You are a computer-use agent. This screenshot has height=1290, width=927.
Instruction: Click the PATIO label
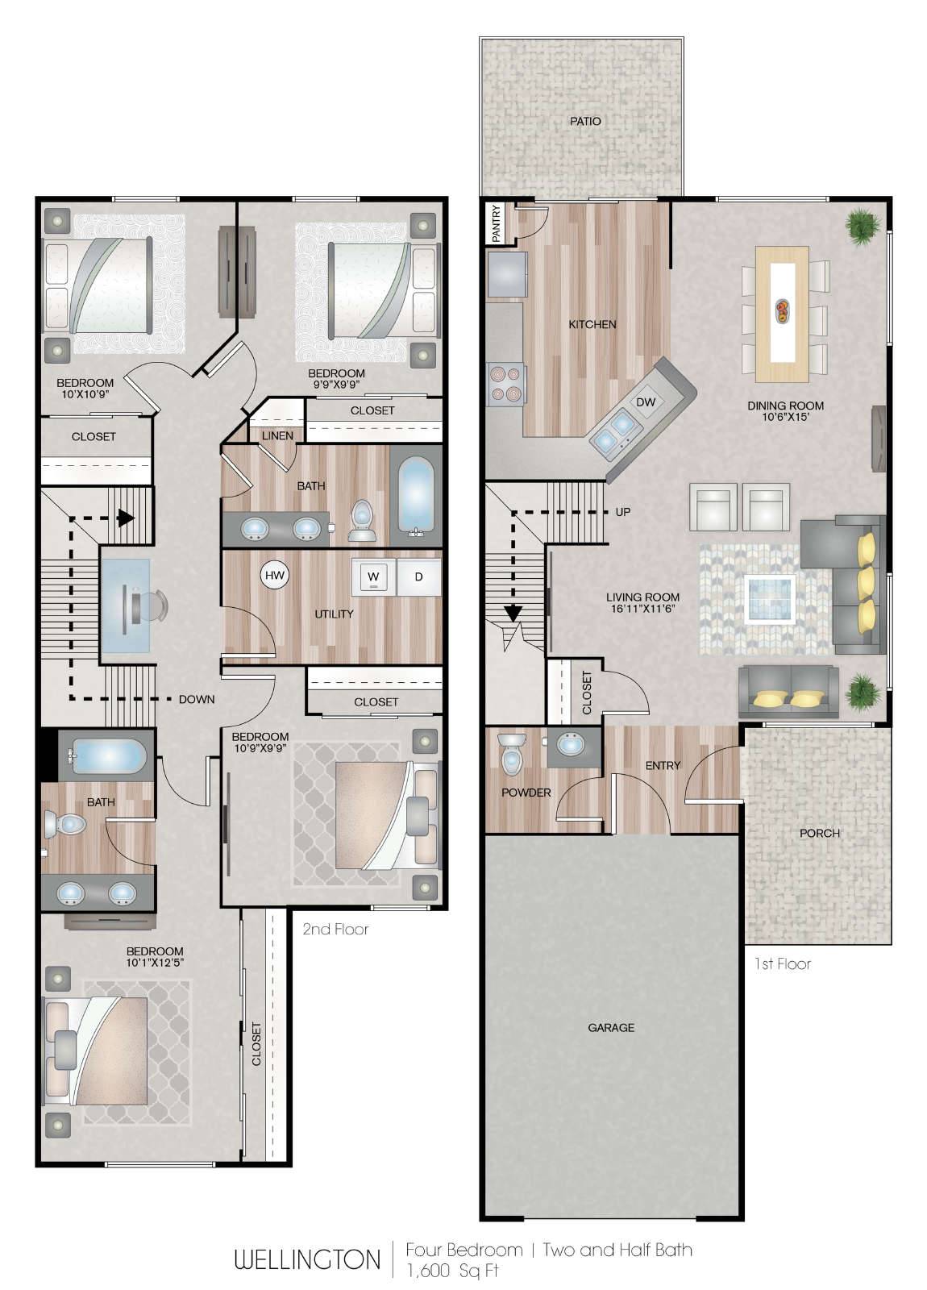[585, 121]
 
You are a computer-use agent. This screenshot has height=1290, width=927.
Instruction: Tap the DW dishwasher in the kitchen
[646, 402]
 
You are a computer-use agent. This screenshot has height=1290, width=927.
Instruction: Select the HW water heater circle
[275, 575]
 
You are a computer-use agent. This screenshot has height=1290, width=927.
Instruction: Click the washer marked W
[374, 576]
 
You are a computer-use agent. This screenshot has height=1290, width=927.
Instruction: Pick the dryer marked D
[418, 576]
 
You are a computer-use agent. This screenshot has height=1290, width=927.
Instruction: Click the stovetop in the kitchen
[505, 383]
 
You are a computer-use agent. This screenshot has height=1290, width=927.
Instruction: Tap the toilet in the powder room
[512, 754]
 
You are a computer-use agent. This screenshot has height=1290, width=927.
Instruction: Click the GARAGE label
[611, 1027]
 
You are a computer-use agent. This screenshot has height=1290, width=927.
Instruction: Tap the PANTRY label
[497, 223]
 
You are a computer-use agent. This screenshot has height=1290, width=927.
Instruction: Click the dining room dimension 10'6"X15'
[785, 417]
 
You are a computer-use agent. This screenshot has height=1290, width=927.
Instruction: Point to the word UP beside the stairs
[623, 511]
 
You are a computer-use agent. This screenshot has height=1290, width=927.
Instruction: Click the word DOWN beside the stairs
[197, 699]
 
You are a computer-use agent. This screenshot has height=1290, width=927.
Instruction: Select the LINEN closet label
[277, 436]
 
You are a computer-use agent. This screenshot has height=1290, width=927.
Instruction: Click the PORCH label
[819, 833]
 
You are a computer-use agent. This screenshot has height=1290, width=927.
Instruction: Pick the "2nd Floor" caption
[335, 929]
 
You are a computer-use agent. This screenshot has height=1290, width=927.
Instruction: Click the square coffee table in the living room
[771, 599]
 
